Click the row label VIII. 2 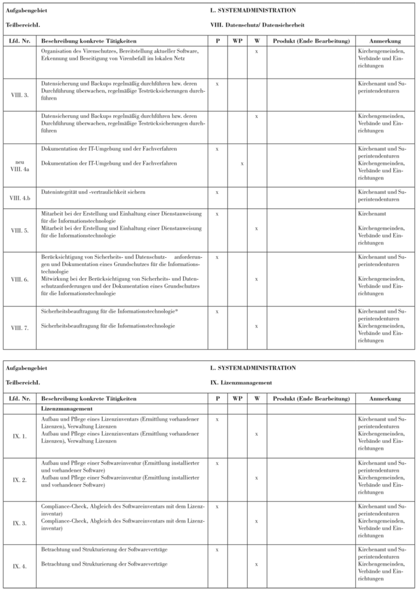(20, 94)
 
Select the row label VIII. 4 (20, 232)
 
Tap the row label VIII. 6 (20, 279)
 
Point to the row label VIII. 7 (20, 327)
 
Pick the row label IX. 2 (20, 481)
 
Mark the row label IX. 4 (20, 566)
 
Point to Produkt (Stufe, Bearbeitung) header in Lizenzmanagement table (311, 398)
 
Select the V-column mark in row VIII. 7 (256, 326)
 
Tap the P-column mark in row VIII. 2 (217, 83)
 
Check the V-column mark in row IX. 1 (256, 435)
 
